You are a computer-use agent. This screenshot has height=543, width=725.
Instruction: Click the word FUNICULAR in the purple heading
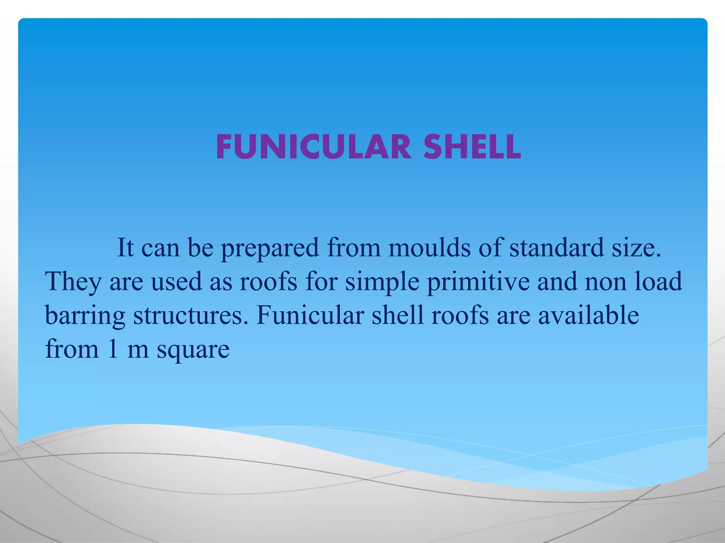314,147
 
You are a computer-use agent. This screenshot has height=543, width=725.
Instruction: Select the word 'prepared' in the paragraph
270,248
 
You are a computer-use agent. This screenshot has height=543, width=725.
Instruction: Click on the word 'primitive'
478,282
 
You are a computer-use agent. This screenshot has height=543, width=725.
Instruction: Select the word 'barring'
85,316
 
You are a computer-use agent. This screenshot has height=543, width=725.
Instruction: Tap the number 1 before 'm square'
113,349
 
